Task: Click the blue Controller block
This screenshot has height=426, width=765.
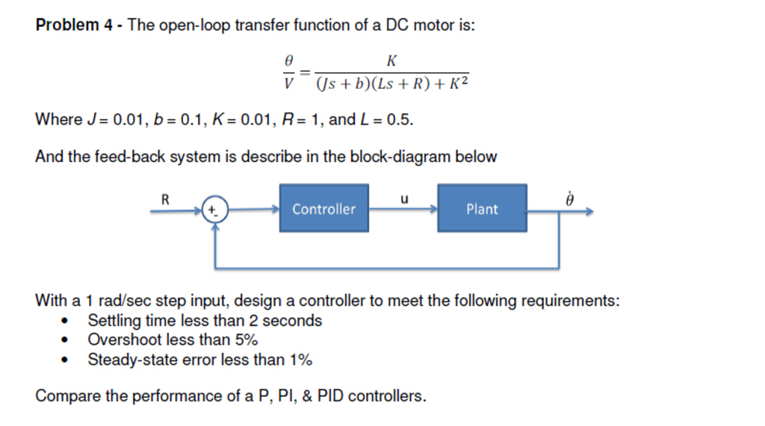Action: [x=324, y=209]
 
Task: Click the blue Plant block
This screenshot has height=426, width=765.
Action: [x=482, y=209]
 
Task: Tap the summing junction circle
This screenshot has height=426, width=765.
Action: [x=215, y=211]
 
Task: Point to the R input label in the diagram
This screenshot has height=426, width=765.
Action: [x=166, y=198]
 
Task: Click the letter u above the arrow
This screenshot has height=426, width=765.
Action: [x=404, y=198]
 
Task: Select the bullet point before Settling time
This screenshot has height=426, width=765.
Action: [x=69, y=322]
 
